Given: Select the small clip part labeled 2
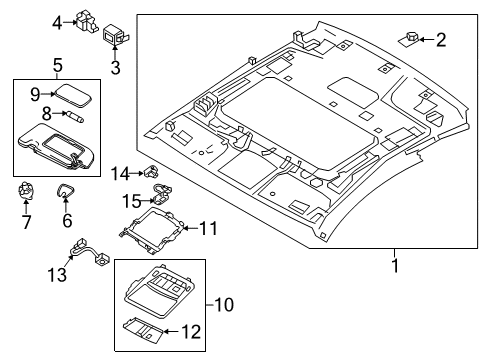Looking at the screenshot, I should pos(412,39).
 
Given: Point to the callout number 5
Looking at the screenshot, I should pos(56,64).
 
